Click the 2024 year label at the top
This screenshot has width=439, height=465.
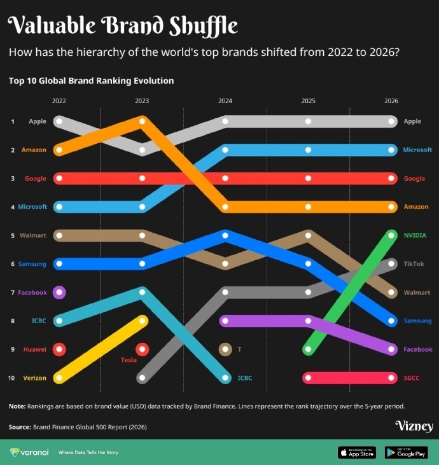tap(225, 101)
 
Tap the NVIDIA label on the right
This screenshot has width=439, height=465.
tap(415, 235)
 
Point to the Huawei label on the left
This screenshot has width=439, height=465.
tap(34, 349)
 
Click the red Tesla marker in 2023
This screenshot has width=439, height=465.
tap(142, 349)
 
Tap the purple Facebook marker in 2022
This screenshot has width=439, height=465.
tap(59, 293)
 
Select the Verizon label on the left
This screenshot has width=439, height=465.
tap(34, 378)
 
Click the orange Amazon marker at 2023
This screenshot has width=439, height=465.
tap(142, 121)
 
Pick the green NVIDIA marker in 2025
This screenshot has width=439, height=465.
tap(308, 349)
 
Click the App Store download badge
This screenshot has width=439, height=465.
tap(357, 452)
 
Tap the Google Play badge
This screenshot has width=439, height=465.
tap(405, 452)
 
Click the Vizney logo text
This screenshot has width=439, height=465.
tap(414, 426)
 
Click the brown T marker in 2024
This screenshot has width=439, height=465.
tap(225, 349)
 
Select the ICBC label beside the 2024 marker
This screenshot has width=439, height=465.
tap(244, 378)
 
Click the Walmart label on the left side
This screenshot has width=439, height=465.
tap(33, 235)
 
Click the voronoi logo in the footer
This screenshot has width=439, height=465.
tap(29, 452)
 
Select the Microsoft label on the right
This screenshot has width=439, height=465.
tap(417, 150)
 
